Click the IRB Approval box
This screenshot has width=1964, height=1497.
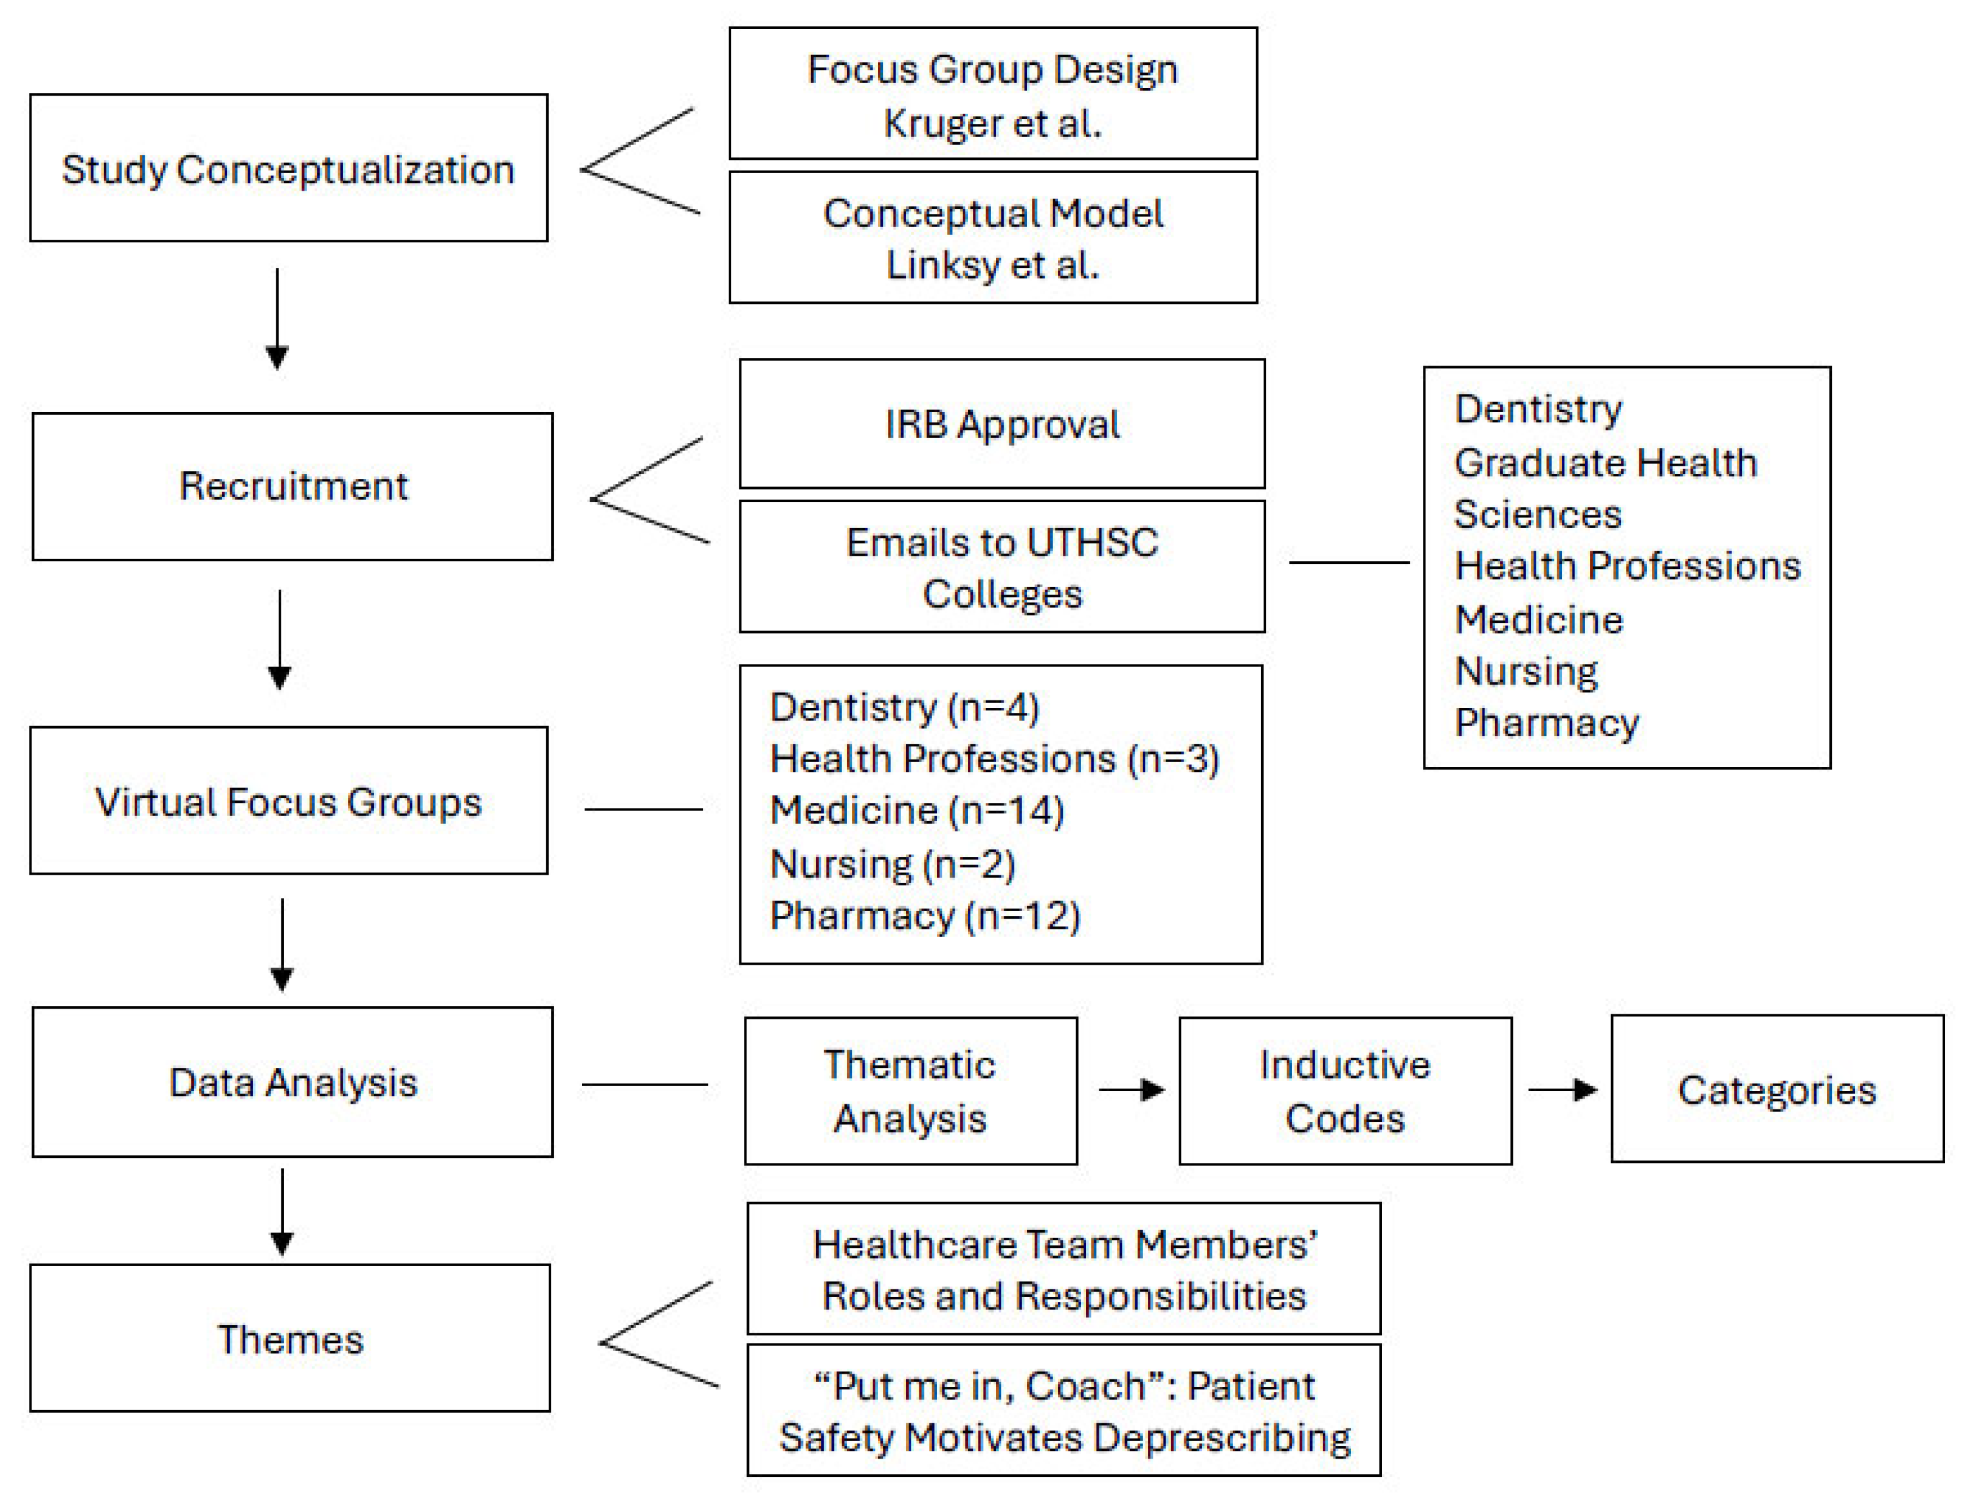[x=1002, y=424]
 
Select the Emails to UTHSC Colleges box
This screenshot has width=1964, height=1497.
[x=1002, y=567]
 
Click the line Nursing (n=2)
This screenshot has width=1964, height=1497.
[x=892, y=863]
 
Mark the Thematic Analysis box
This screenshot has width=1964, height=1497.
[x=910, y=1091]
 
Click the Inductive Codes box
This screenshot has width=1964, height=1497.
[x=1345, y=1091]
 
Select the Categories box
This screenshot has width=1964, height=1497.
[x=1777, y=1089]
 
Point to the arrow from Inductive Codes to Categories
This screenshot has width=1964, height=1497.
[x=1562, y=1089]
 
